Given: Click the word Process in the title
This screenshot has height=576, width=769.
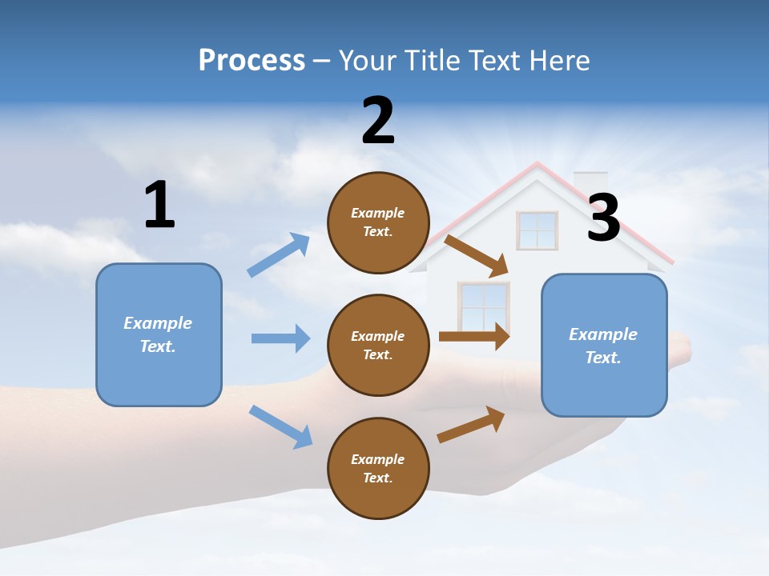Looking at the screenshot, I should tap(252, 61).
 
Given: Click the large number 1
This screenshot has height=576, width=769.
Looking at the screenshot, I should tap(159, 205).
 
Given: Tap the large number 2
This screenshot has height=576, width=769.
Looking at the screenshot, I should tap(378, 121).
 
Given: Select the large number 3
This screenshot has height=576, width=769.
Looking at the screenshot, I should tap(603, 218).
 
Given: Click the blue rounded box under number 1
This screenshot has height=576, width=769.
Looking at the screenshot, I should tap(159, 334).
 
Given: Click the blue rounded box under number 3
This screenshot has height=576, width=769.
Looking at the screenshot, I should tap(604, 345).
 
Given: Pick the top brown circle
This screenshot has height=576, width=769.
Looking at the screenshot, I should tap(378, 222).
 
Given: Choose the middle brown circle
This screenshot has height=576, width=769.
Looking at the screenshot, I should tap(378, 345).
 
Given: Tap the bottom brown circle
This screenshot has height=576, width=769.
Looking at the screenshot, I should tap(378, 468).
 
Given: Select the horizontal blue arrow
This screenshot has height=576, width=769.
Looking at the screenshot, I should tap(280, 338).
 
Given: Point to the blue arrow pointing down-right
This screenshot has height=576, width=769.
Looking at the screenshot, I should tap(280, 426).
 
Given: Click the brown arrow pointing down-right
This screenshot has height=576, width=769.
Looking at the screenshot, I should tap(477, 255).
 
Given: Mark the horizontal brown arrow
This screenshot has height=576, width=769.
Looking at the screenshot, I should tap(473, 336).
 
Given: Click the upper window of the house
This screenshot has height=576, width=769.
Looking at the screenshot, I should tap(537, 230).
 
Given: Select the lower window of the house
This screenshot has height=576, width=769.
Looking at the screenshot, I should tap(483, 306).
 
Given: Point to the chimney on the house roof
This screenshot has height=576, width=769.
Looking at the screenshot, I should tap(590, 182).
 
